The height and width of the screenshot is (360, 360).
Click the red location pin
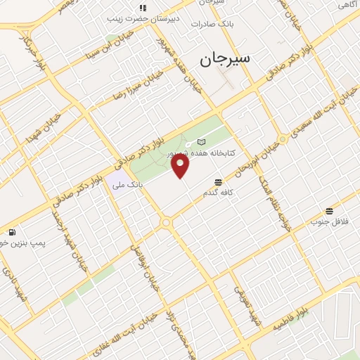click(181, 166)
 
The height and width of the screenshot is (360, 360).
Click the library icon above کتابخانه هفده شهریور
click(202, 142)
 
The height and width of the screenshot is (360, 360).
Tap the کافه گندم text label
click(218, 192)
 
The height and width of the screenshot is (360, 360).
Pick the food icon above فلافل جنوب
click(329, 211)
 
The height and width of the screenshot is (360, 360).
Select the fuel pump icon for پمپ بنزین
click(12, 232)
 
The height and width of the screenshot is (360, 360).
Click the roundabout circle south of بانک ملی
click(166, 223)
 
